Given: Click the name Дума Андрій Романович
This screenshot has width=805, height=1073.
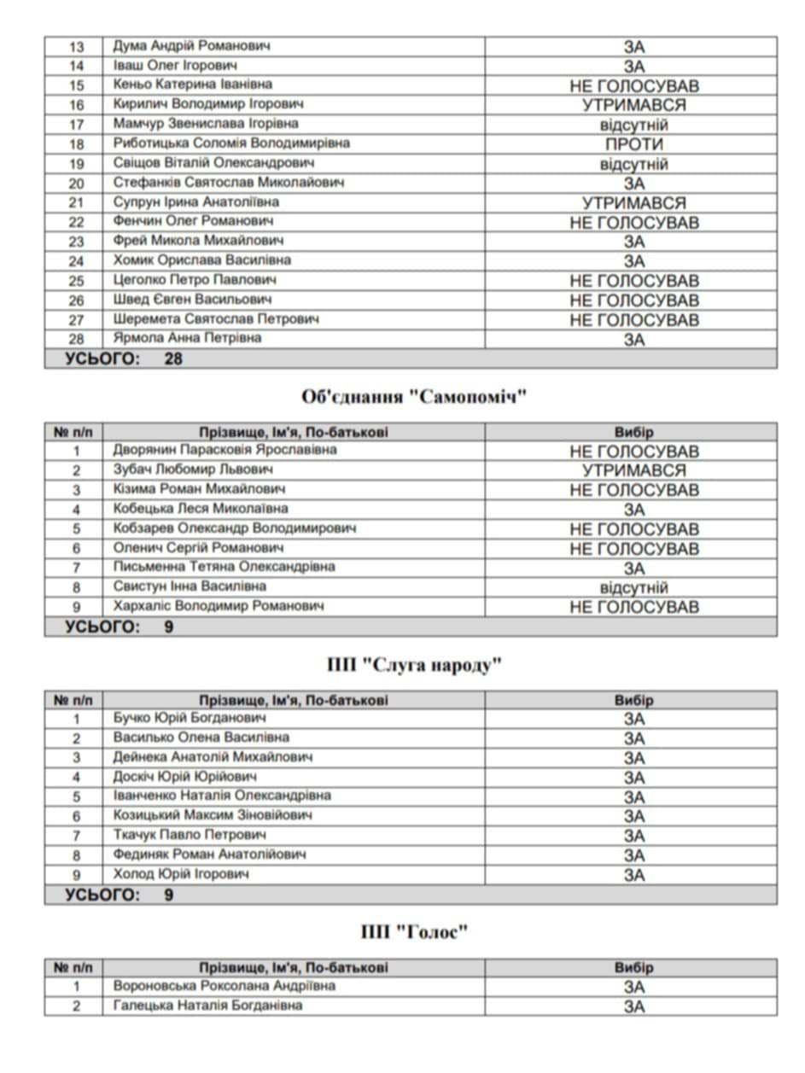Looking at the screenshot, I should click(x=191, y=46).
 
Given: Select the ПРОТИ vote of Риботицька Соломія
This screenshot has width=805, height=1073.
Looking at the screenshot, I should click(x=633, y=144).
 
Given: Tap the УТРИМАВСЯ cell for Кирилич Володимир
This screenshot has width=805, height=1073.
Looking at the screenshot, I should click(x=633, y=105).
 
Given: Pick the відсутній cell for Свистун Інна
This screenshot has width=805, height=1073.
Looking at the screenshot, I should click(x=633, y=587).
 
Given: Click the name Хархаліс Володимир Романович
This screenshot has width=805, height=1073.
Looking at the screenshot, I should click(x=219, y=606).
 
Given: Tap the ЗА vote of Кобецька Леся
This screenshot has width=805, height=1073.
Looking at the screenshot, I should click(x=633, y=510).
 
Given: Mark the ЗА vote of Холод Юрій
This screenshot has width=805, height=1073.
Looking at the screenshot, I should click(x=633, y=875).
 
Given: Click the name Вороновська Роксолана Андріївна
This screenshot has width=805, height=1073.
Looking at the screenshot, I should click(x=225, y=986).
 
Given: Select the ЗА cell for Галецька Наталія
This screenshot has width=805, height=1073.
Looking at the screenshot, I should click(x=633, y=1006).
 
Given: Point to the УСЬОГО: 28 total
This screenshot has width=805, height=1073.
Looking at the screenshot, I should click(x=124, y=359).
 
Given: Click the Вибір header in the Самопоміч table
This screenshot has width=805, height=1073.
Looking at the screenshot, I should click(x=633, y=432).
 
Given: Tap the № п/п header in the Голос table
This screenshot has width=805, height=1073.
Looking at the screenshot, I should click(x=73, y=967).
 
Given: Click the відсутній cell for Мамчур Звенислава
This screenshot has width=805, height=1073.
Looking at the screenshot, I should click(x=633, y=125).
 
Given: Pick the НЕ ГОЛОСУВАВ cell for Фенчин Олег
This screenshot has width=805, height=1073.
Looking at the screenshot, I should click(x=633, y=223).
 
